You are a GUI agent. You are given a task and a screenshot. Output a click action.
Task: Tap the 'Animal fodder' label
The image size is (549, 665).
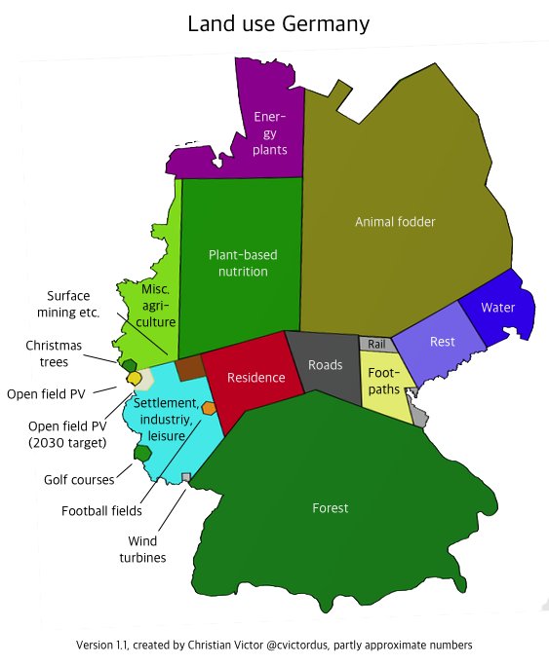[x=394, y=222]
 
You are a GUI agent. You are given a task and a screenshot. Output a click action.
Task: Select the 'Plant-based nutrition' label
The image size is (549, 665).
[x=243, y=263]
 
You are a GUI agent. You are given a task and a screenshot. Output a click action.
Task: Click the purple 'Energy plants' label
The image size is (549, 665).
[x=269, y=133]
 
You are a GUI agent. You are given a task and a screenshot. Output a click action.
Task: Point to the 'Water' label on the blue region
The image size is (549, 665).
[x=498, y=308]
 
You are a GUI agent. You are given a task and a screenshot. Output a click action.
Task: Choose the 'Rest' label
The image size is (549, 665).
[x=442, y=342]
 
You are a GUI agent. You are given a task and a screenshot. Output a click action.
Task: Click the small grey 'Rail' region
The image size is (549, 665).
[x=376, y=344]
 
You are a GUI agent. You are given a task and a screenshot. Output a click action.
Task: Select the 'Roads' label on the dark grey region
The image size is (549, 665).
[x=325, y=365]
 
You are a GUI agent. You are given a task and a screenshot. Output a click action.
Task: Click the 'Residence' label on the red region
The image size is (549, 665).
[x=255, y=378]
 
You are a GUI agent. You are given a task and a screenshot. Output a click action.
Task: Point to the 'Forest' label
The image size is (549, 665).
[x=330, y=508]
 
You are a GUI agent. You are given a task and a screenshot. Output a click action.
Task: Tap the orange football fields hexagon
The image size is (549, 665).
[x=208, y=408]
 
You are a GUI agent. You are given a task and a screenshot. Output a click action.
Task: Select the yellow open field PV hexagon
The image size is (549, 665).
[x=135, y=378]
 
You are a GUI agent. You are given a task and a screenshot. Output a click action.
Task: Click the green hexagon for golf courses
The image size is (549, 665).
[x=143, y=453]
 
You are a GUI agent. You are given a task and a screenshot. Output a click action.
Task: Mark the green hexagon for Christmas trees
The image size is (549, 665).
[x=129, y=364]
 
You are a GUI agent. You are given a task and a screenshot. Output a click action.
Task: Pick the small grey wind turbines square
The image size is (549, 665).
[x=186, y=476]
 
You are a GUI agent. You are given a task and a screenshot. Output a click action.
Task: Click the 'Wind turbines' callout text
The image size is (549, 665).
[x=146, y=550]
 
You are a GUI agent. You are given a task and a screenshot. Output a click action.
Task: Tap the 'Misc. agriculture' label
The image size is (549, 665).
[x=156, y=306]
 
